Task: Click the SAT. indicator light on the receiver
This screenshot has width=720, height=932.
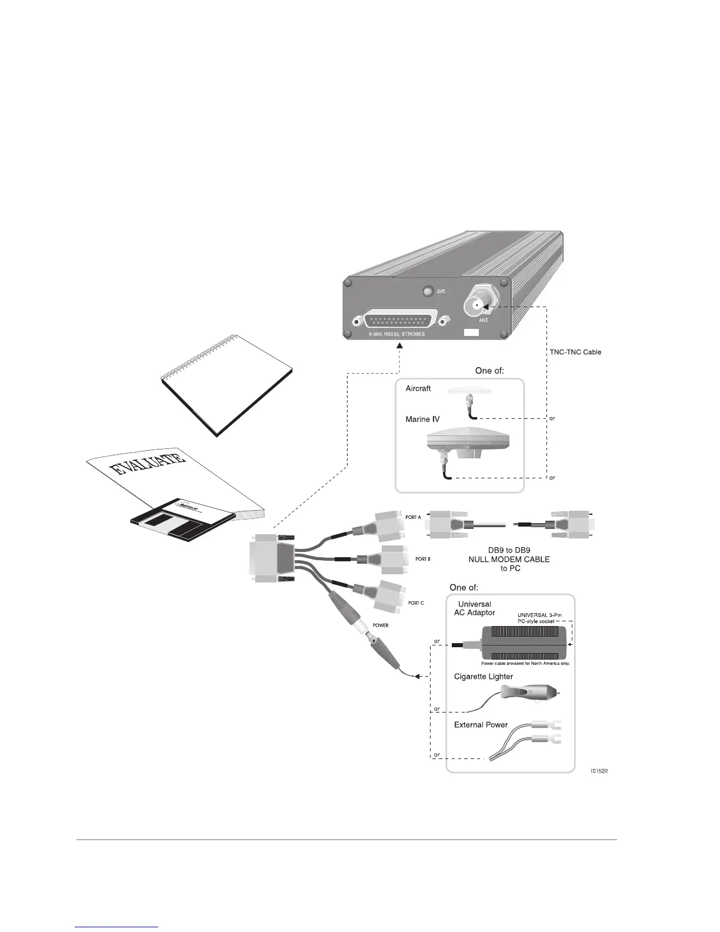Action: click(x=428, y=292)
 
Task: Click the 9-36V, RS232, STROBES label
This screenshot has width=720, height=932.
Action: click(x=392, y=334)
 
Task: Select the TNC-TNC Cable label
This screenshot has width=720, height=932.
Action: click(x=571, y=352)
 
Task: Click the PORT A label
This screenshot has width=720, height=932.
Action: click(x=413, y=517)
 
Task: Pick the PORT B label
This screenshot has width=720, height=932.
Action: click(x=423, y=559)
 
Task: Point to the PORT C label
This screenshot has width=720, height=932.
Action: click(x=416, y=603)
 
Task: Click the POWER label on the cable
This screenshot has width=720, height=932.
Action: click(x=381, y=625)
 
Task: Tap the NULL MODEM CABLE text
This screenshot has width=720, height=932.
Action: click(x=509, y=559)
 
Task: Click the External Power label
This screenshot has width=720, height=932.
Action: click(x=481, y=725)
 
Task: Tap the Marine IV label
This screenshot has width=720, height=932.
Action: click(x=422, y=420)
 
